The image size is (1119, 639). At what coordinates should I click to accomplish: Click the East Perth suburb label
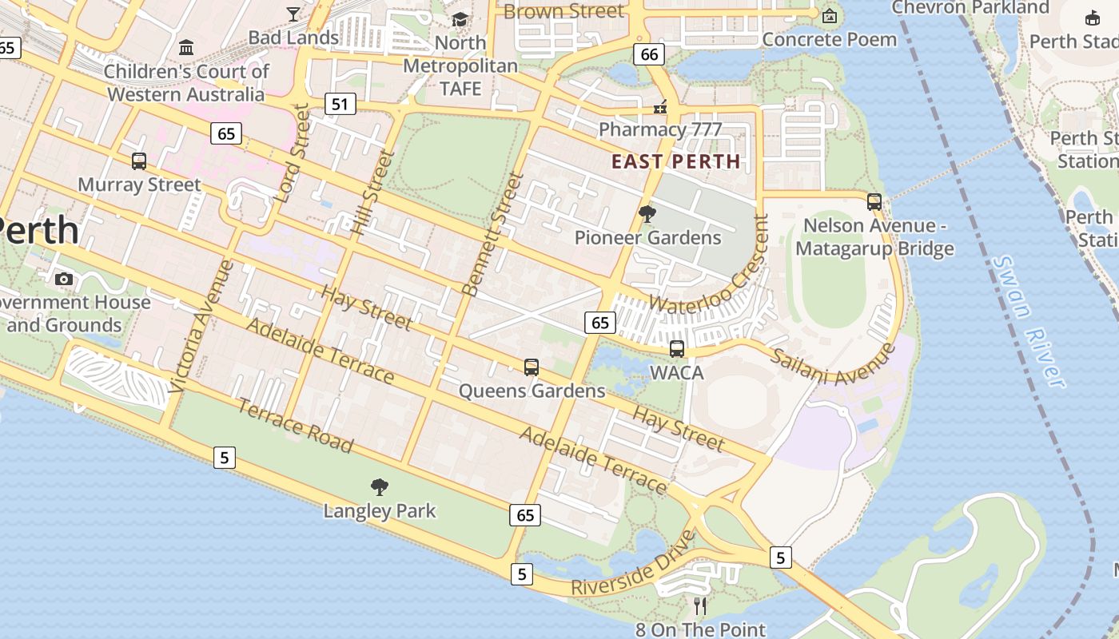675,161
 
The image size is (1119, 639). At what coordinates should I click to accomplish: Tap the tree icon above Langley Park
380,486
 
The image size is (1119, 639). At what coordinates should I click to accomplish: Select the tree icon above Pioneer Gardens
647,213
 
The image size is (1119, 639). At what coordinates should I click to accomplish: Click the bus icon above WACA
677,348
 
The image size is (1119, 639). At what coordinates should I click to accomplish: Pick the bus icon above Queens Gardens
532,367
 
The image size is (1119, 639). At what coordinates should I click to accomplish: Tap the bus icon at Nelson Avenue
874,201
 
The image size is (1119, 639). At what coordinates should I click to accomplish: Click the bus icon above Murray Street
139,161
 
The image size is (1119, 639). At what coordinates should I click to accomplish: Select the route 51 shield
340,104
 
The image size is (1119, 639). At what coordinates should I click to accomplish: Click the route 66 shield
649,54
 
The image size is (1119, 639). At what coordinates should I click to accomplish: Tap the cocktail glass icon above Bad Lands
293,14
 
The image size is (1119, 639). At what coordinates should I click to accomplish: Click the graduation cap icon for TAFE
460,19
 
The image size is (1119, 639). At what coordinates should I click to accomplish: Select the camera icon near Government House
64,279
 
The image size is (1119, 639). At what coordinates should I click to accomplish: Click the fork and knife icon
700,606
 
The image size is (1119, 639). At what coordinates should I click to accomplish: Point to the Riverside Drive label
633,562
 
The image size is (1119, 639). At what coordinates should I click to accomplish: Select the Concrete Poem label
830,39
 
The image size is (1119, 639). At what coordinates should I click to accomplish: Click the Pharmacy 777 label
659,129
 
